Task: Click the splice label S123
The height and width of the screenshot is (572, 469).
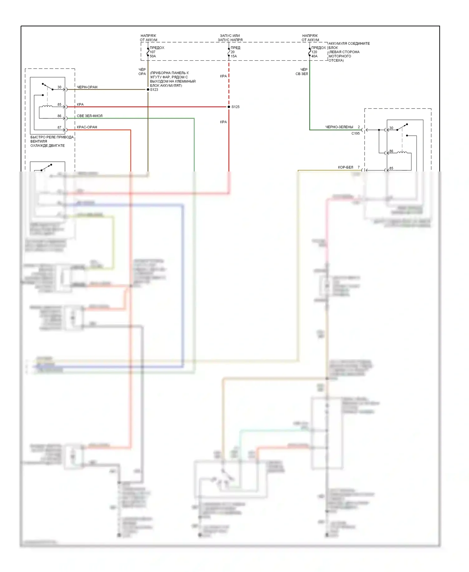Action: coord(154,90)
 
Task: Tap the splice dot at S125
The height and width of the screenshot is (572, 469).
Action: coord(229,107)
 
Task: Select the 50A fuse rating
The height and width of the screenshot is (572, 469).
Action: coord(153,56)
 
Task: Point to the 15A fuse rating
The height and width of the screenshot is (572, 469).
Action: coord(234,56)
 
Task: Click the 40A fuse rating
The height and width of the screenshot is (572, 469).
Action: coord(314,56)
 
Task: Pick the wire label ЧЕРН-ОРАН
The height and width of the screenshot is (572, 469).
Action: coord(87,87)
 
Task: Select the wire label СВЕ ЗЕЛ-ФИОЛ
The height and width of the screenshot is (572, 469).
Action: coord(89,116)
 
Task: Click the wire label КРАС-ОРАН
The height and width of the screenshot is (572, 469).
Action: coord(87,127)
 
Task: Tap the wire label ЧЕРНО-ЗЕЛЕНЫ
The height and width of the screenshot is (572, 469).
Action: coord(339,127)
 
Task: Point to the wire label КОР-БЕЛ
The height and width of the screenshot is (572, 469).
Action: coord(345,167)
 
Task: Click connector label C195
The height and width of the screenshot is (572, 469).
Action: coord(356,133)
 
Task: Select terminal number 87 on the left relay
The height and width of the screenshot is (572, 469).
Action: coord(59,127)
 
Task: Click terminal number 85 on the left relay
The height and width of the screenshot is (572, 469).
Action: coord(59,105)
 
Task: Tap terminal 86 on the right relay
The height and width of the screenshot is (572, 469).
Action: coord(391,151)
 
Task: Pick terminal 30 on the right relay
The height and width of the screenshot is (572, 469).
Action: coord(391,128)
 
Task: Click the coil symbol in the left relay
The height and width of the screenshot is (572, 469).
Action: coord(47,107)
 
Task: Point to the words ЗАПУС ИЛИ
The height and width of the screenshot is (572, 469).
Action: coord(230,36)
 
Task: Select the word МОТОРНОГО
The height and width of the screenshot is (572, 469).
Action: coord(340,56)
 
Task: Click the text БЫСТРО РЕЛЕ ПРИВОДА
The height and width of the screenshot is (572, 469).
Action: coord(52,137)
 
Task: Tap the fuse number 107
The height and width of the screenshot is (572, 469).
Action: coord(153,52)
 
